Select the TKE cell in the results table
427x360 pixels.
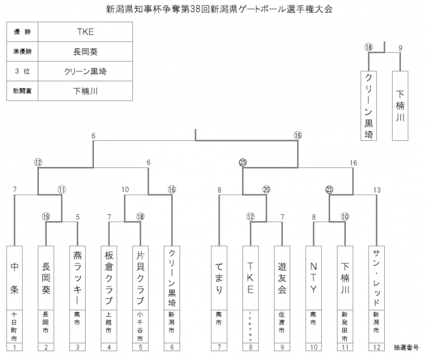click(x=86, y=32)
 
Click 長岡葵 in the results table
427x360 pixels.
click(x=86, y=52)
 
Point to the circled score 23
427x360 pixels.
click(x=242, y=162)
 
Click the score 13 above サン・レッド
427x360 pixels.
click(x=377, y=190)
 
